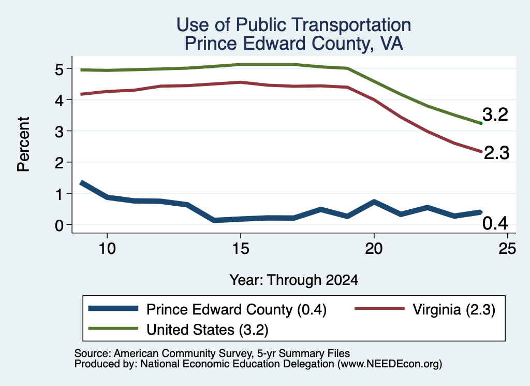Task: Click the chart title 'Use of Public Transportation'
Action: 294,25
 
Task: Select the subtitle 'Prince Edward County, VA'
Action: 294,44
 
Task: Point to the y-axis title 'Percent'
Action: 23,144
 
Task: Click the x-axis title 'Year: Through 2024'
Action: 294,280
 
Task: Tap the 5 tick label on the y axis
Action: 60,69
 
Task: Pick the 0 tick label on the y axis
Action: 60,225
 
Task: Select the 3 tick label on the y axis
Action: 60,132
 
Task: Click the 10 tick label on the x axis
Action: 107,249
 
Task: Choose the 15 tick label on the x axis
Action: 241,249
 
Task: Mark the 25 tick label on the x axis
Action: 507,249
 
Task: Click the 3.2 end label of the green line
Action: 495,115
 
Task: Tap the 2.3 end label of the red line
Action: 496,153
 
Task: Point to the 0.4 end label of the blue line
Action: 495,223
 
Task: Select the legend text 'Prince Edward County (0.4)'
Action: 236,309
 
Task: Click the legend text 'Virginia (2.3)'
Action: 454,309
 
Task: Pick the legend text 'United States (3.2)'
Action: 207,330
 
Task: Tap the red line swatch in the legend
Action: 379,308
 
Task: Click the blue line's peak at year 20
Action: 374,202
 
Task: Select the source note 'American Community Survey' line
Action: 212,353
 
